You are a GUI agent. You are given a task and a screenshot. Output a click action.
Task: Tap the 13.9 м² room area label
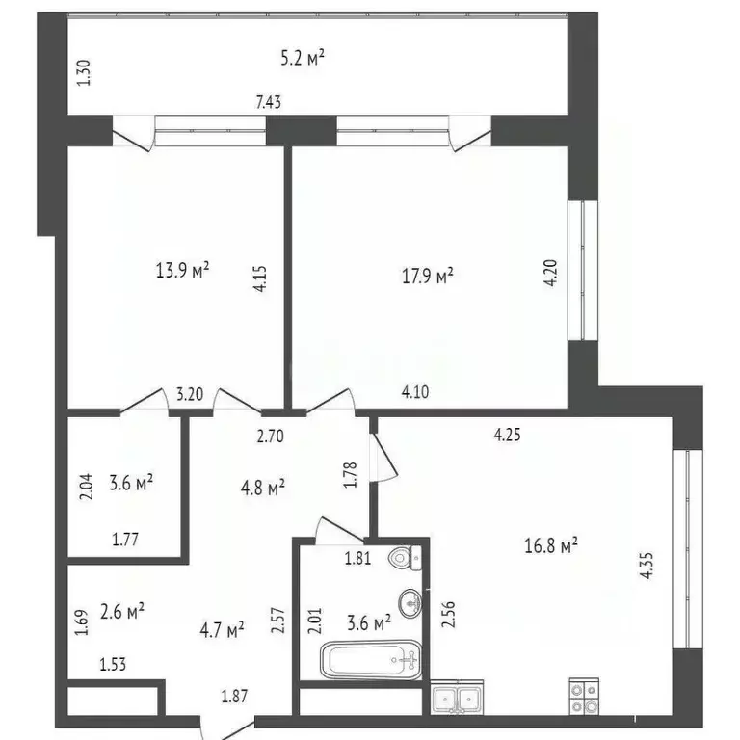click(x=183, y=271)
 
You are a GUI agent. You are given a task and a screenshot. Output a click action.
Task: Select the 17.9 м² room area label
click(x=427, y=277)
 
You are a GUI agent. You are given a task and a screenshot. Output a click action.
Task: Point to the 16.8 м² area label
click(x=551, y=546)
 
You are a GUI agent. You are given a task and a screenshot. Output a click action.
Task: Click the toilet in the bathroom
click(x=402, y=558)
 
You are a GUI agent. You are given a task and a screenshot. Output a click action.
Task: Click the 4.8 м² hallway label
click(x=261, y=489)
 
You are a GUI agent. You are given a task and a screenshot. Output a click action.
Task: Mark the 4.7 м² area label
click(x=221, y=631)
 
